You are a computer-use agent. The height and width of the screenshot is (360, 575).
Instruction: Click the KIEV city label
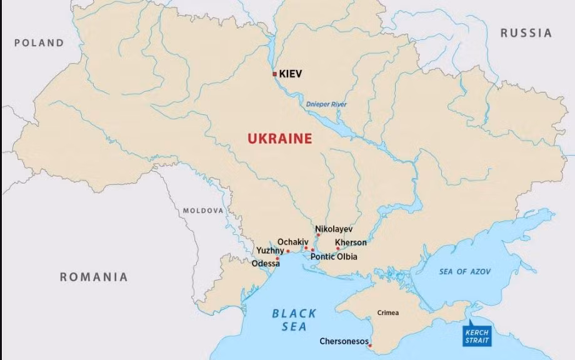291,74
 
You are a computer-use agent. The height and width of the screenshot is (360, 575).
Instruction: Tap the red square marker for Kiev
274,74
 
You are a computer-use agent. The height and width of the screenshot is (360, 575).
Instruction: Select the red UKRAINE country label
279,139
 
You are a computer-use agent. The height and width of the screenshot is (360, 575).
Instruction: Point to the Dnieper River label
326,104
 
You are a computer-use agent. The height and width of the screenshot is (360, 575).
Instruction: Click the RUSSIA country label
526,32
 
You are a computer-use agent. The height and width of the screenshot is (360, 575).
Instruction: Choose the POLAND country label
39,43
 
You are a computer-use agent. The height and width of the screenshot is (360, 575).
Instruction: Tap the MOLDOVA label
202,211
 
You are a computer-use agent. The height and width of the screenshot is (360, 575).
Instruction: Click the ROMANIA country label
94,277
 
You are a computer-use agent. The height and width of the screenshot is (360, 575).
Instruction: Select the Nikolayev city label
334,229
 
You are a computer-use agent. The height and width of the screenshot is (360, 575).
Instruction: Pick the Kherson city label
351,242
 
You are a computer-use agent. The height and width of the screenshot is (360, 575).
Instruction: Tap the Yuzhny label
270,251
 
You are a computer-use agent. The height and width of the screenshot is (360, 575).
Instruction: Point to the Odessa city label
266,264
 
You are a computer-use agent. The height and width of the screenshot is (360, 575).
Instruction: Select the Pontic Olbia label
334,256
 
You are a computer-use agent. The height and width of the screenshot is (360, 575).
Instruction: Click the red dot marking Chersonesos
370,346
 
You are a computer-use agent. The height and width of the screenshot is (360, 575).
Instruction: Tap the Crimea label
387,312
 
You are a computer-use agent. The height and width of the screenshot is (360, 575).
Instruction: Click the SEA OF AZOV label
464,271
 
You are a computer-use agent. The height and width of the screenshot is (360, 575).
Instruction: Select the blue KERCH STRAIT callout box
476,336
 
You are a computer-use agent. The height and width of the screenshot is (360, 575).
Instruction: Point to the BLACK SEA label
294,320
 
